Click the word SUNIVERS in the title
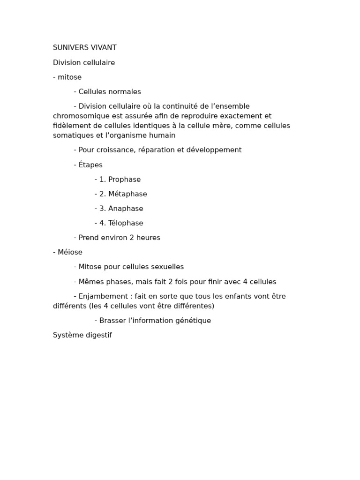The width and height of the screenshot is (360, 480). coord(67,48)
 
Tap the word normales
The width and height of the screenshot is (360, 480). coord(125,92)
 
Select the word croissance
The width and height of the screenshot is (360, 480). coord(114,150)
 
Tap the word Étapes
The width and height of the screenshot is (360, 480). coord(90,165)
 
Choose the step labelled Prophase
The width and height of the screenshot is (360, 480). coord(124,180)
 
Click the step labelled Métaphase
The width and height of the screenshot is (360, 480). coord(127,194)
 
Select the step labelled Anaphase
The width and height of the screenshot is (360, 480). coord(126,209)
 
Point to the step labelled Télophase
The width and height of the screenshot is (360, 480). coord(126,223)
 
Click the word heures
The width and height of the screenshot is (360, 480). coord(148,238)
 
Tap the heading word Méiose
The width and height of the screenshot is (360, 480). coord(70,252)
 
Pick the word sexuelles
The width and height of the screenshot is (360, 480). coord(166,267)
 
